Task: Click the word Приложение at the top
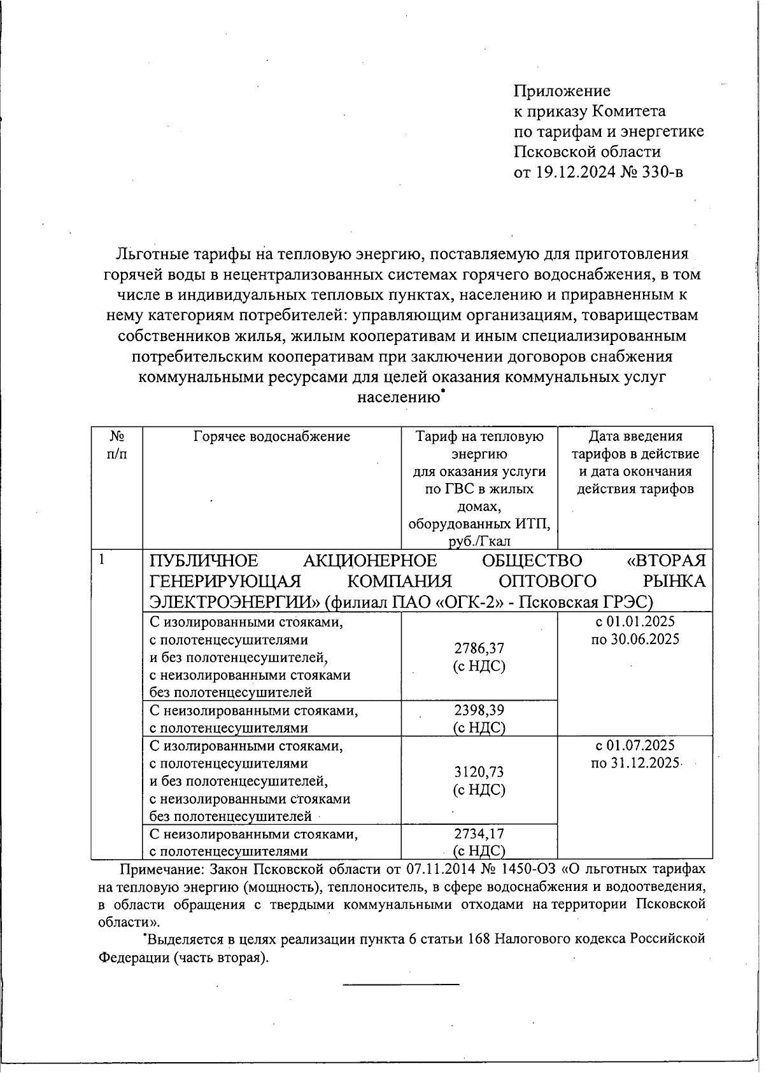point(562,91)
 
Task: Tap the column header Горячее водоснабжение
point(271,437)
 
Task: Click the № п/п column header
point(117,445)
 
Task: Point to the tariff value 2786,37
point(479,649)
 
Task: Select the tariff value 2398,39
point(479,710)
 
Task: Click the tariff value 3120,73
point(479,772)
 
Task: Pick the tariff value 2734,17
point(479,834)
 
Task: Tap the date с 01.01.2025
point(635,622)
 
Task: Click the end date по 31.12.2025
point(635,763)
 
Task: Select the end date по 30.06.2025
point(635,639)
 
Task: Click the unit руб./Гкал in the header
point(479,542)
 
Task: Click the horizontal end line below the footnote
point(400,985)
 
